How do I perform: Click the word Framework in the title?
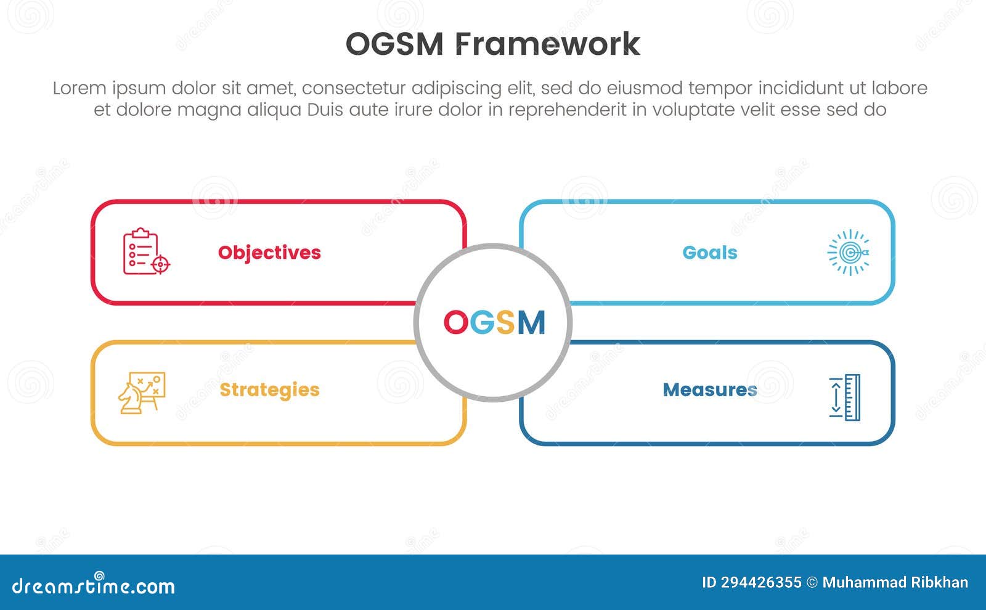tap(548, 44)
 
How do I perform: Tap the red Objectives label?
tap(269, 253)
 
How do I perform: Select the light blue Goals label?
tap(709, 253)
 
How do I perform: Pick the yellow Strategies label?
tap(269, 390)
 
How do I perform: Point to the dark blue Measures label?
tap(709, 390)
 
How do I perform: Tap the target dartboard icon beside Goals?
tap(849, 253)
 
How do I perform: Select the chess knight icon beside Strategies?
tap(141, 392)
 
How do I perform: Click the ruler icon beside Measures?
tap(845, 397)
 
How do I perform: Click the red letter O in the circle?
tap(456, 322)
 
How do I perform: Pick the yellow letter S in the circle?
tap(505, 322)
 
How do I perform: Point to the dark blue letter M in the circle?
tap(531, 322)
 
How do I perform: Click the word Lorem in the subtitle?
tap(79, 88)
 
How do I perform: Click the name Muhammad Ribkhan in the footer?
tap(895, 583)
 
